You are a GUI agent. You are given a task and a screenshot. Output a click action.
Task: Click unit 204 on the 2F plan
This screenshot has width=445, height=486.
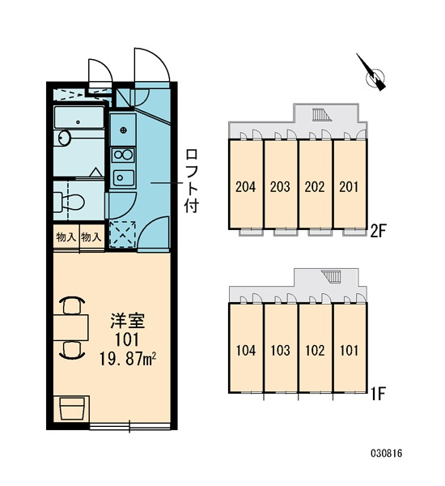tap(246, 185)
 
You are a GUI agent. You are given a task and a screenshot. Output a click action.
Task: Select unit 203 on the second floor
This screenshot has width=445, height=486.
tap(280, 185)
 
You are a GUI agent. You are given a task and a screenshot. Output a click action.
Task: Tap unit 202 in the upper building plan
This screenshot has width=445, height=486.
tap(315, 185)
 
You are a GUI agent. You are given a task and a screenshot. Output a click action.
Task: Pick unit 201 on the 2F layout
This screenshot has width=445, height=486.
tap(350, 185)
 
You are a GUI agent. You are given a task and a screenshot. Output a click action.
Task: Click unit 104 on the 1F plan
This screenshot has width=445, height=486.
tap(246, 348)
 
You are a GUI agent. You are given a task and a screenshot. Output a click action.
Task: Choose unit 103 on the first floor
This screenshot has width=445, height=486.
tap(280, 348)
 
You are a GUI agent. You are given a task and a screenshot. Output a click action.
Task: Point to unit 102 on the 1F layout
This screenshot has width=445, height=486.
tap(315, 348)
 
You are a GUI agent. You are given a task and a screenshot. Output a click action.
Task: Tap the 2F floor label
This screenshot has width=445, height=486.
tap(379, 231)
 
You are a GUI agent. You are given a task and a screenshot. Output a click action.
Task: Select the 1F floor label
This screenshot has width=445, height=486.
tap(378, 394)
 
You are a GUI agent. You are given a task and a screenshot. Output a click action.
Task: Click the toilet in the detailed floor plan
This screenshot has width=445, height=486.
tap(69, 202)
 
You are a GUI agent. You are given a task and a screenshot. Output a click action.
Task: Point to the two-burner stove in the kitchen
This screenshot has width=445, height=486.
tap(123, 156)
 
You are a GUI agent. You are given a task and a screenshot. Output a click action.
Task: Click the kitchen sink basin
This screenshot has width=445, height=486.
tap(124, 177)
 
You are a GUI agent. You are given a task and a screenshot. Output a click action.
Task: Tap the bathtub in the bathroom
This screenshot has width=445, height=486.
tap(79, 117)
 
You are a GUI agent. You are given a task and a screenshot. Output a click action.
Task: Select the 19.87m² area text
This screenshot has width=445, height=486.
tap(128, 360)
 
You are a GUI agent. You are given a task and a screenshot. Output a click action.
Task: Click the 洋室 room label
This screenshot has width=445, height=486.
tap(128, 321)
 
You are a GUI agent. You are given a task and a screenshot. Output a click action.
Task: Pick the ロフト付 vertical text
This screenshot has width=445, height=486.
tap(192, 181)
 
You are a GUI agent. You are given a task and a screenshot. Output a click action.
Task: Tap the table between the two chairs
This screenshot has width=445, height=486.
tap(71, 327)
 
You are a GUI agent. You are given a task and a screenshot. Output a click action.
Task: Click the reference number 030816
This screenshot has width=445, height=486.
tap(387, 454)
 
